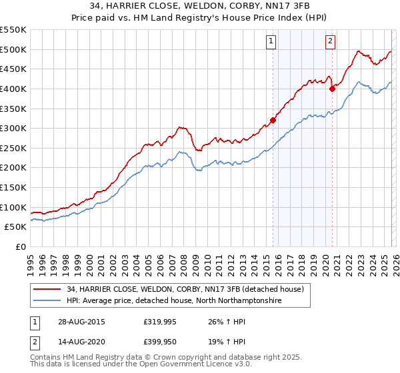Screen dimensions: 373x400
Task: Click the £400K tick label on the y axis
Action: tap(13, 89)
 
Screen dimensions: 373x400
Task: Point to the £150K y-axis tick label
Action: tap(13, 187)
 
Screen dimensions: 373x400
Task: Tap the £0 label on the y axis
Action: tap(20, 246)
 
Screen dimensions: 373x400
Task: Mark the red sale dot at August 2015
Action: tap(273, 121)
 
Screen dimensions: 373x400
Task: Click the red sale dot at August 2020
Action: tap(331, 89)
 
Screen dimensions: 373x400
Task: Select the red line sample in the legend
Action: tap(47, 289)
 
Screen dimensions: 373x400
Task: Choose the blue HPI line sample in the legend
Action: tap(47, 301)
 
